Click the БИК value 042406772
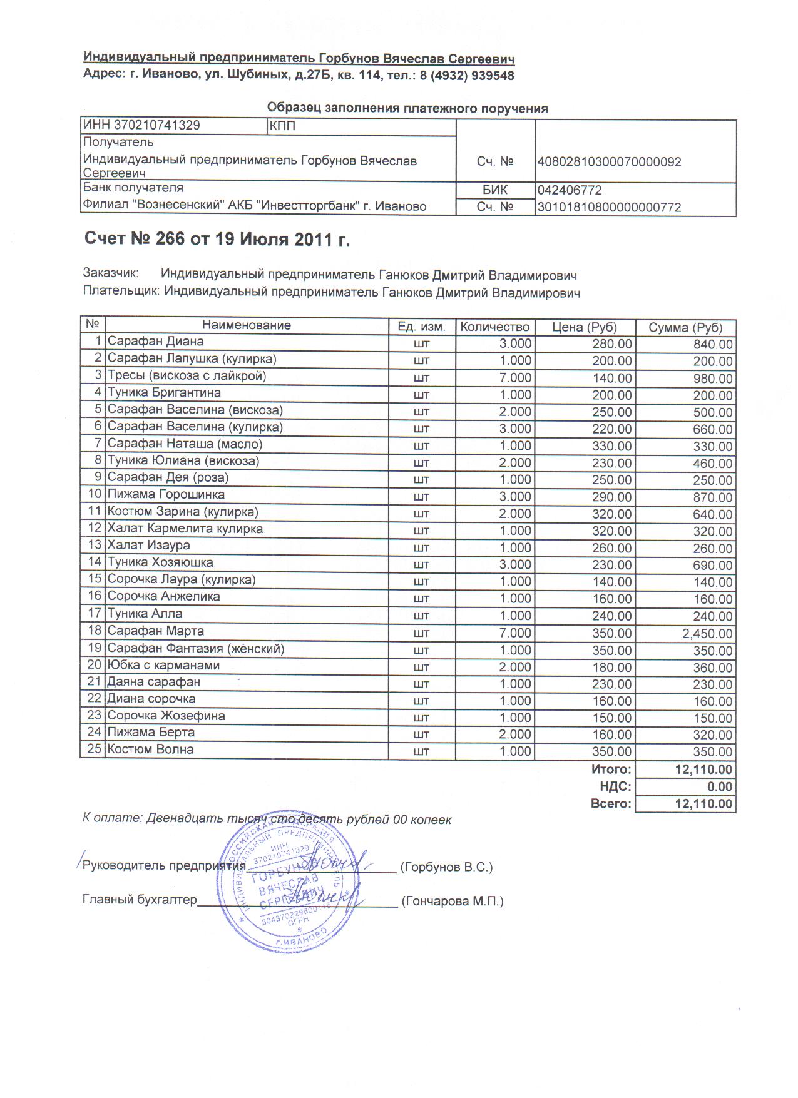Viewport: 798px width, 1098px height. click(x=569, y=190)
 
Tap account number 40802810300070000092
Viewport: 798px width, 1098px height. click(x=609, y=162)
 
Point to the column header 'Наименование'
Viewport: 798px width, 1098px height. click(x=246, y=325)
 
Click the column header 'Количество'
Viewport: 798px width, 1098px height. click(x=494, y=327)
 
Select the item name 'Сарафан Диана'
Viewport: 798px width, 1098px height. click(x=155, y=342)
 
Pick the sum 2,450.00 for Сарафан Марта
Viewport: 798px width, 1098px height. click(x=707, y=634)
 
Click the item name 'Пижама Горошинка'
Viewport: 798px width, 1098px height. click(x=166, y=494)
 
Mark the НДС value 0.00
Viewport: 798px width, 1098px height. click(x=720, y=787)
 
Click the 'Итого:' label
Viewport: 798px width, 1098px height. click(x=611, y=770)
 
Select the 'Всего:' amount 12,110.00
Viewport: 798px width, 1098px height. click(x=703, y=804)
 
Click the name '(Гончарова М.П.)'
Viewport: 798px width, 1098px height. click(x=453, y=902)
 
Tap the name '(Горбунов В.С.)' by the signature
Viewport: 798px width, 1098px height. click(x=447, y=868)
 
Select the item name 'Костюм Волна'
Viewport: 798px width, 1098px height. click(x=150, y=750)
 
